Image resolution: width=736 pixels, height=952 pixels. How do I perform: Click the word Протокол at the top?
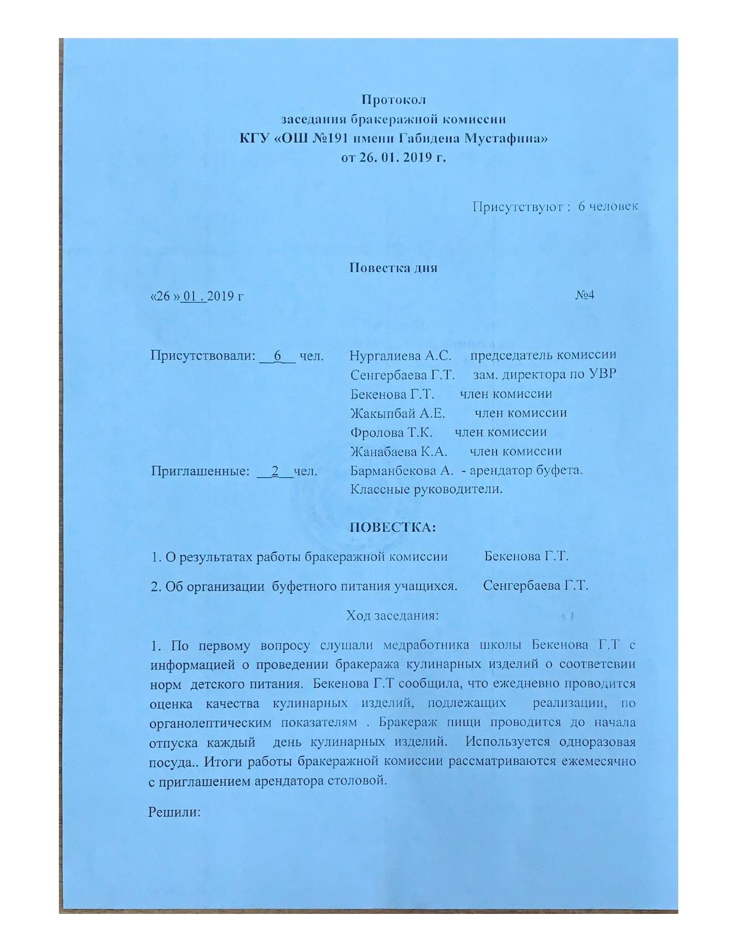click(394, 100)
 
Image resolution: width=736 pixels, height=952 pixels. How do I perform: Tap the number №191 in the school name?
click(308, 138)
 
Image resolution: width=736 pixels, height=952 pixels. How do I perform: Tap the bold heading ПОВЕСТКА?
click(393, 527)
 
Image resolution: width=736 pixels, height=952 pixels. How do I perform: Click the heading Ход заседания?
click(393, 615)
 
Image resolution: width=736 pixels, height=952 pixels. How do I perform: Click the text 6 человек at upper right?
click(608, 207)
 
